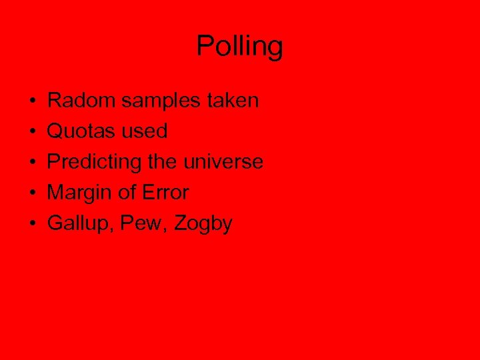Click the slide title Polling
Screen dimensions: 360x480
[x=240, y=47]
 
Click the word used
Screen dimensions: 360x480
[x=145, y=131]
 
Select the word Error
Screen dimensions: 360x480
[x=165, y=193]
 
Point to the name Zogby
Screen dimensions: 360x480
[x=203, y=223]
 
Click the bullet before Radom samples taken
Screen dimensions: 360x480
[x=33, y=101]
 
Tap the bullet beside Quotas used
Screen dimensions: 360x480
[x=33, y=132]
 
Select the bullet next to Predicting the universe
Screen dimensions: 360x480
[x=33, y=163]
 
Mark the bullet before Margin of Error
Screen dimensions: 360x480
[x=33, y=193]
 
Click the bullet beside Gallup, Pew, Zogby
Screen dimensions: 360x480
[x=33, y=224]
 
